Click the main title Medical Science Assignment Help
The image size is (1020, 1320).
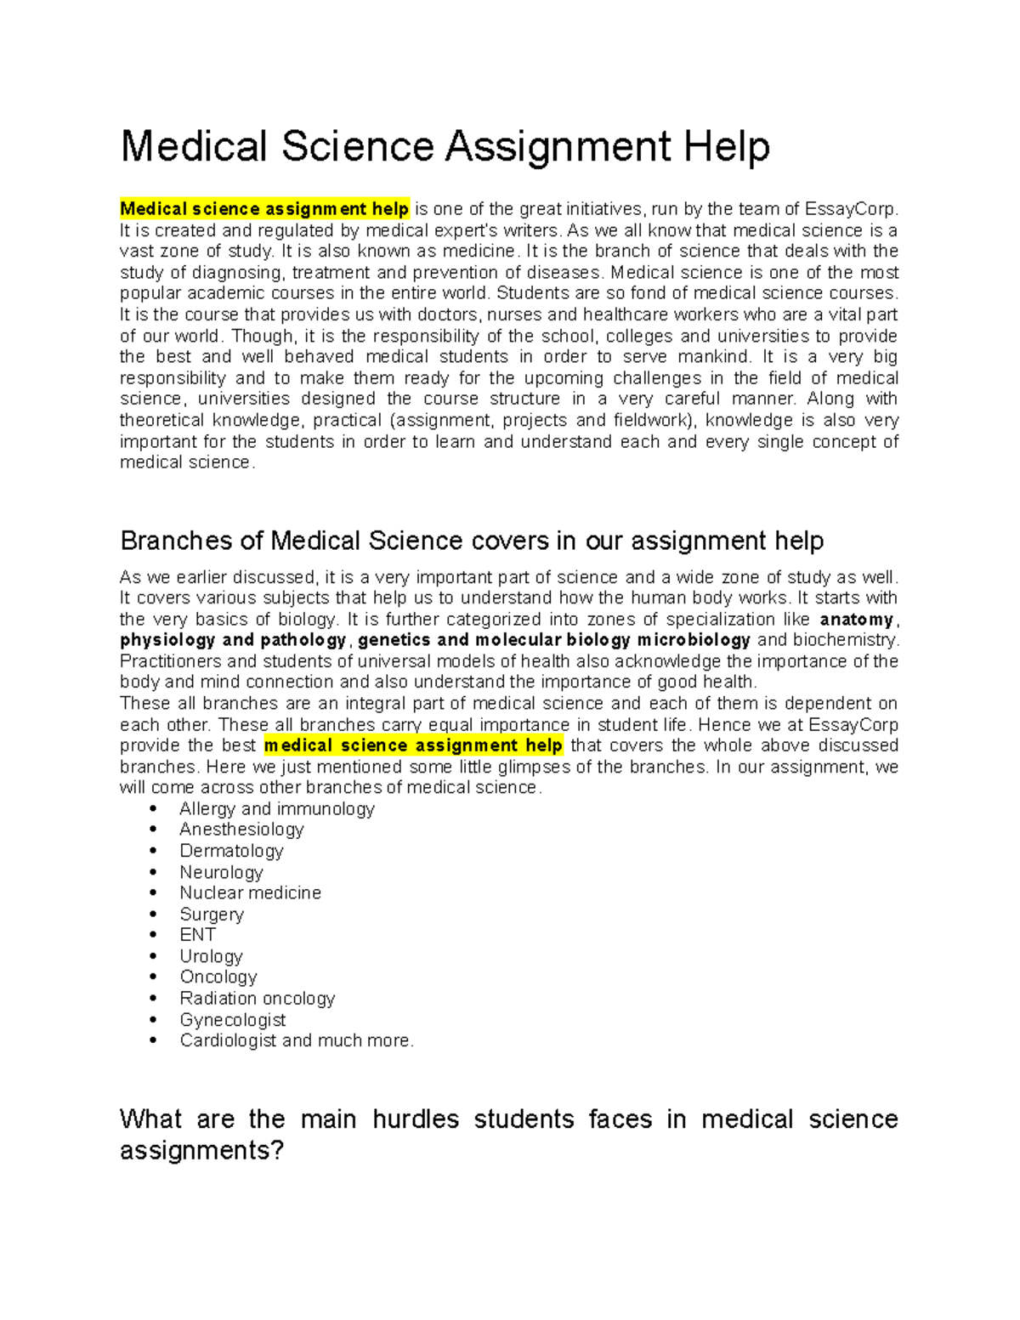[445, 146]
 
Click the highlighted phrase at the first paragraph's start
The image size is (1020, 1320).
[264, 209]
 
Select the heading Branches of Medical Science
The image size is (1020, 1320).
[472, 541]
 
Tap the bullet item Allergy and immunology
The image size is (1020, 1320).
[276, 808]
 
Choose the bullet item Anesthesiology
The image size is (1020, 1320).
[241, 830]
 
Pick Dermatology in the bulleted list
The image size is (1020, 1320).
[231, 851]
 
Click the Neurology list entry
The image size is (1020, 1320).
[221, 872]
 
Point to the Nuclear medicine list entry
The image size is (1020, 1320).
[250, 892]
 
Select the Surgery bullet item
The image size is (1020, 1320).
[212, 915]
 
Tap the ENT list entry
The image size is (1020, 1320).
[197, 935]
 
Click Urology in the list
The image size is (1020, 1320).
[211, 956]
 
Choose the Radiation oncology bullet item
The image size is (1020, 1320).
[257, 998]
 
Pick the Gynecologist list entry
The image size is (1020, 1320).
[232, 1020]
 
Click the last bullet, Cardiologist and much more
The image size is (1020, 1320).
[296, 1040]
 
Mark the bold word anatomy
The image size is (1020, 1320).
[856, 620]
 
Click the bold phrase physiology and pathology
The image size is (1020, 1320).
[233, 640]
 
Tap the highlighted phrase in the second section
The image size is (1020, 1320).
[413, 745]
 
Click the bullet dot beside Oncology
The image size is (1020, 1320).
[154, 977]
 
